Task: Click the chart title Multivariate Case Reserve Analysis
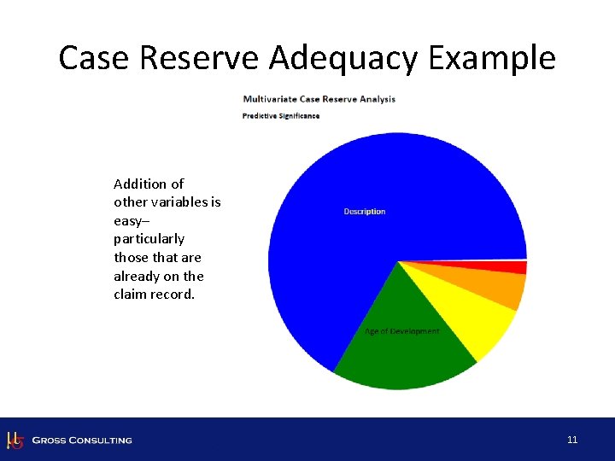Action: [x=319, y=99]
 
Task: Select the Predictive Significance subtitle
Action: [x=281, y=115]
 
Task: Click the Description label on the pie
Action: [x=365, y=212]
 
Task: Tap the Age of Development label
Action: [x=401, y=331]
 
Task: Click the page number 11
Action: [x=572, y=440]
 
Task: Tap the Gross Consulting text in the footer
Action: [x=82, y=441]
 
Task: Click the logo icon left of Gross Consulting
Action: [x=14, y=440]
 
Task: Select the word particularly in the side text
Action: [x=149, y=239]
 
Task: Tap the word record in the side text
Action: [x=173, y=295]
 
